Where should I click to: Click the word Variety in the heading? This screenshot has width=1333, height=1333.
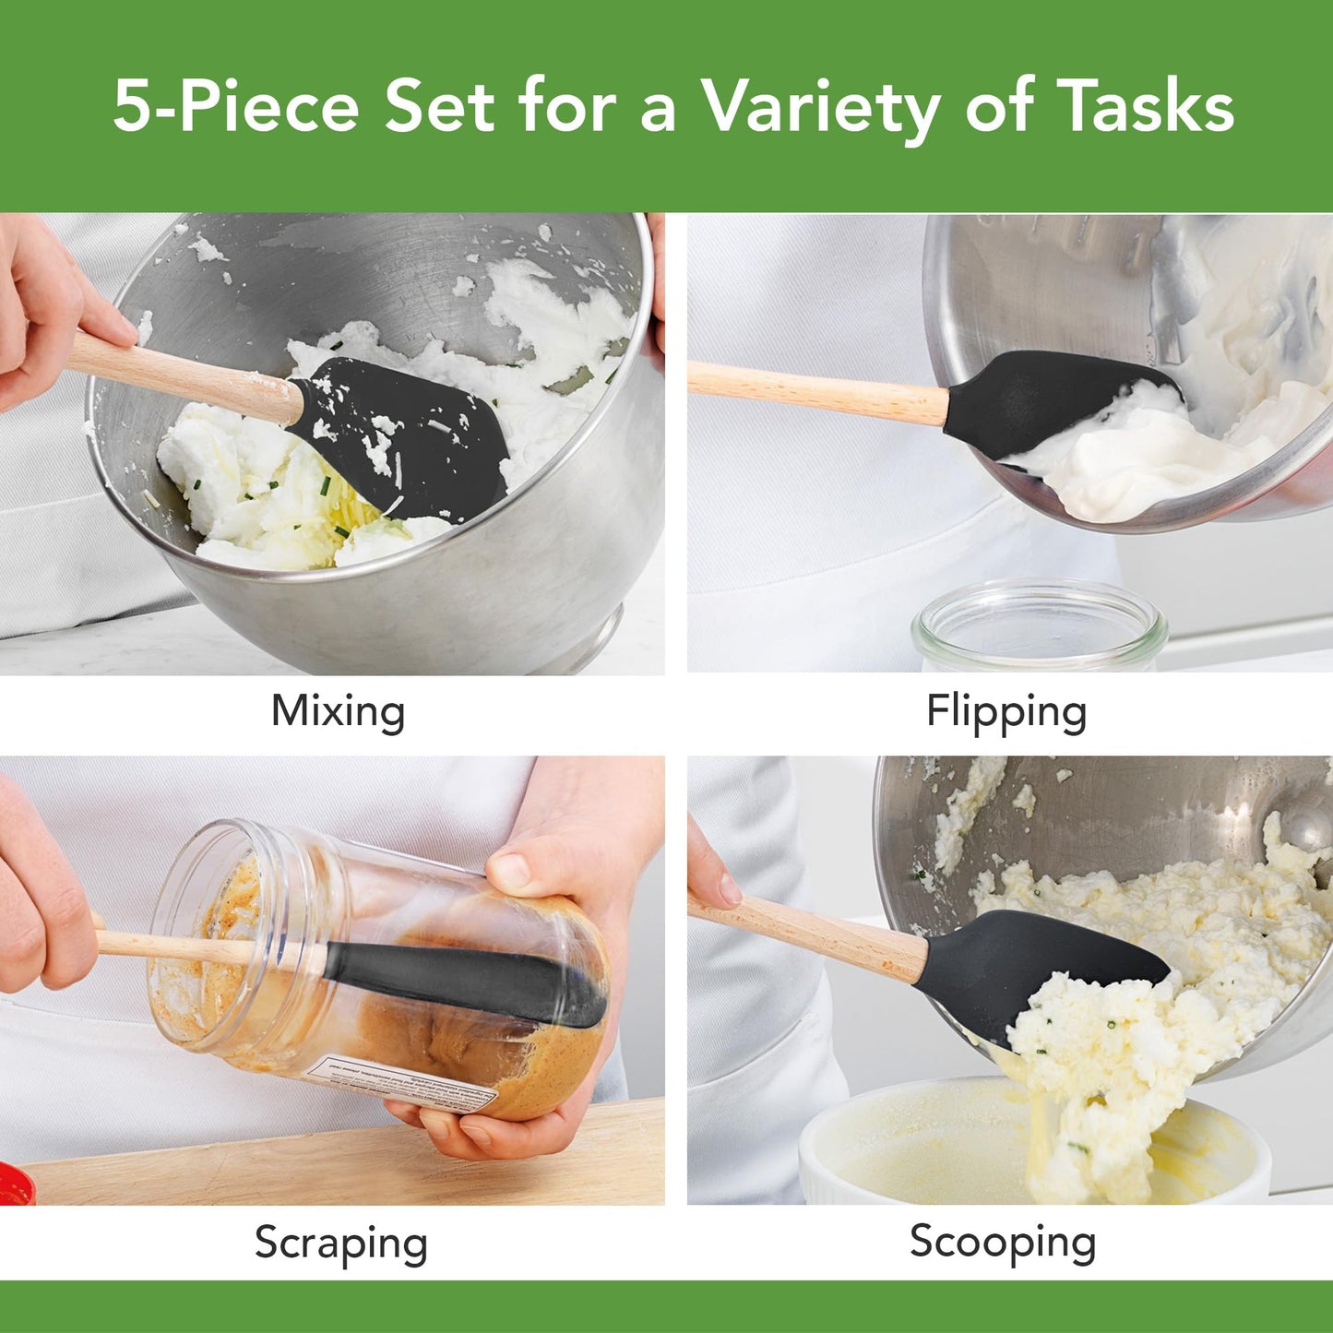click(821, 107)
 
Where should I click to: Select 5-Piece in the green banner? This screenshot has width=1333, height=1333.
click(236, 107)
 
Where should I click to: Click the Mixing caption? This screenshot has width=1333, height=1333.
click(338, 712)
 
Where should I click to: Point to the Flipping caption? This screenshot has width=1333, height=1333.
click(1006, 712)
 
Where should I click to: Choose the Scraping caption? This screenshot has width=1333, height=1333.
click(340, 1244)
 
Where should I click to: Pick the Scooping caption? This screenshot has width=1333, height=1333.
click(1003, 1242)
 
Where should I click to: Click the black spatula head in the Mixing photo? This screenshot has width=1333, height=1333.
click(406, 434)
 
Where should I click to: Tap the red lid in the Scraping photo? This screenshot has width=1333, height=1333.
click(15, 1184)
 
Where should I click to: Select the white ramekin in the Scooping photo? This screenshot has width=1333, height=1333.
click(922, 1144)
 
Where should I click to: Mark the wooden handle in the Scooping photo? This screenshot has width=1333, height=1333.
click(812, 934)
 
